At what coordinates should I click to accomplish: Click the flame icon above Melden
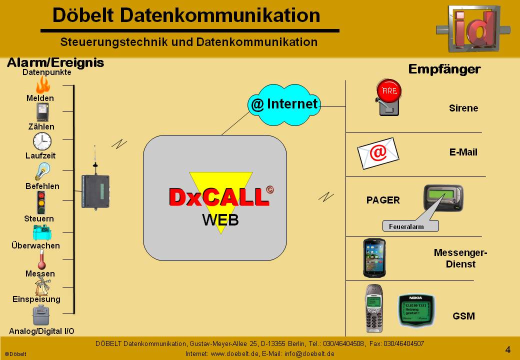(42, 85)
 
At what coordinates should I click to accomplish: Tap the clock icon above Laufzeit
(42, 141)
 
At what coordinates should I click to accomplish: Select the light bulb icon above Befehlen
(41, 171)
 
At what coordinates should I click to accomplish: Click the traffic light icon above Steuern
(41, 202)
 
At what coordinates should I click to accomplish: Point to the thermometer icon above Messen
(41, 259)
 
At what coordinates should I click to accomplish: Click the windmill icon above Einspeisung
(41, 286)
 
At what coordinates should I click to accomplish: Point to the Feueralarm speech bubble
(410, 226)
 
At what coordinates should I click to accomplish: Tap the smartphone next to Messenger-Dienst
(374, 257)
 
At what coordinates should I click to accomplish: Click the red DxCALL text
(218, 197)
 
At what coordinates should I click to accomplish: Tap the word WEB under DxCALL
(220, 219)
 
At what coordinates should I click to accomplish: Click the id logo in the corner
(473, 28)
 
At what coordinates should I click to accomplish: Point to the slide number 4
(507, 349)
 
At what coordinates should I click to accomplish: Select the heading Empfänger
(444, 69)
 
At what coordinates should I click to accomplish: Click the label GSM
(463, 316)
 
